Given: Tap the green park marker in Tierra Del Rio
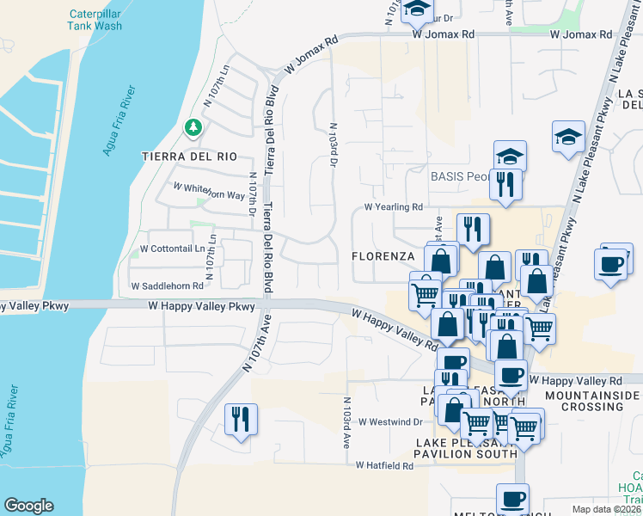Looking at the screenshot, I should point(193,129).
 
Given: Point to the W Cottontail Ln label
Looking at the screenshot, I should point(172,249).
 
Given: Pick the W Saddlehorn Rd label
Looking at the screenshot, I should point(167,286).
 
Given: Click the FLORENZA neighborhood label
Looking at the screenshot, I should point(383,256).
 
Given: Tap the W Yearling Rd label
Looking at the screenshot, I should point(393,207).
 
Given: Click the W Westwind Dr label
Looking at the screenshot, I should point(391,421).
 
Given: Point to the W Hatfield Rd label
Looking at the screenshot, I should point(384,465).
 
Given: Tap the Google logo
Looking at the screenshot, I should point(28,506).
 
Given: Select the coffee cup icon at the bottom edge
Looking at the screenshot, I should point(512,498).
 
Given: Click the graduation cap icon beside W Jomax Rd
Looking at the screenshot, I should point(417,9).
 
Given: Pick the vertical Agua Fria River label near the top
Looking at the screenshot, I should point(120,120).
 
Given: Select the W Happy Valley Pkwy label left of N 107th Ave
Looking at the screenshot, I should point(202,305).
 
